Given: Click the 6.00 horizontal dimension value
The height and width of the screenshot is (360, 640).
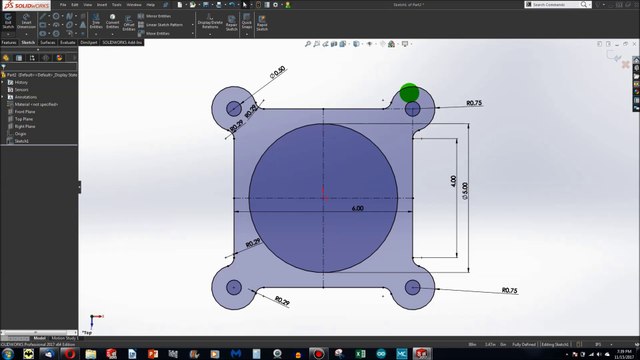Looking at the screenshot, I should pyautogui.click(x=357, y=209).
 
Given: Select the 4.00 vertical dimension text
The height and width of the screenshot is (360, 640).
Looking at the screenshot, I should pyautogui.click(x=453, y=181).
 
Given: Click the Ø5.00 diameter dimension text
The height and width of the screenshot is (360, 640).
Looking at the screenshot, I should pyautogui.click(x=464, y=189).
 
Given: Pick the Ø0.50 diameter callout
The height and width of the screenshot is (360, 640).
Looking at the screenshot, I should pyautogui.click(x=277, y=72).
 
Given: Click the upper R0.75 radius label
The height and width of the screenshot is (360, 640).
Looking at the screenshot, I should pyautogui.click(x=474, y=103).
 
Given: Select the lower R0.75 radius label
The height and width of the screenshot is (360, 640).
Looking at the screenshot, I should pyautogui.click(x=508, y=291).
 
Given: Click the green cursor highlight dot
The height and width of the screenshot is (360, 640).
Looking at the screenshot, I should pyautogui.click(x=409, y=94).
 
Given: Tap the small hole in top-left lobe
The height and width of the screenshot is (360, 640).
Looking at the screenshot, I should pyautogui.click(x=235, y=107).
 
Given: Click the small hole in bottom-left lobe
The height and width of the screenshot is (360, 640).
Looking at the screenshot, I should pyautogui.click(x=235, y=287).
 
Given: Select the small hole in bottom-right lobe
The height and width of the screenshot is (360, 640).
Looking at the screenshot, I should pyautogui.click(x=412, y=288).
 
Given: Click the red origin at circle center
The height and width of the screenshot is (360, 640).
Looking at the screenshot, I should pyautogui.click(x=323, y=190).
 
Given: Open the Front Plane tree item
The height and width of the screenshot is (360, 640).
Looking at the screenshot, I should pyautogui.click(x=24, y=111).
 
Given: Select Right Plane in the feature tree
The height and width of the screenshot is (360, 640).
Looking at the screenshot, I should pyautogui.click(x=24, y=126).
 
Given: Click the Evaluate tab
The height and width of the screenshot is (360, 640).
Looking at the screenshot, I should pyautogui.click(x=68, y=43).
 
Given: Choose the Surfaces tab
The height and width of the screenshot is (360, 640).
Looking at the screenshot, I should pyautogui.click(x=48, y=43).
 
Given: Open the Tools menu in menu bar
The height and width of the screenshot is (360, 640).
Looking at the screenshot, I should pyautogui.click(x=117, y=5).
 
